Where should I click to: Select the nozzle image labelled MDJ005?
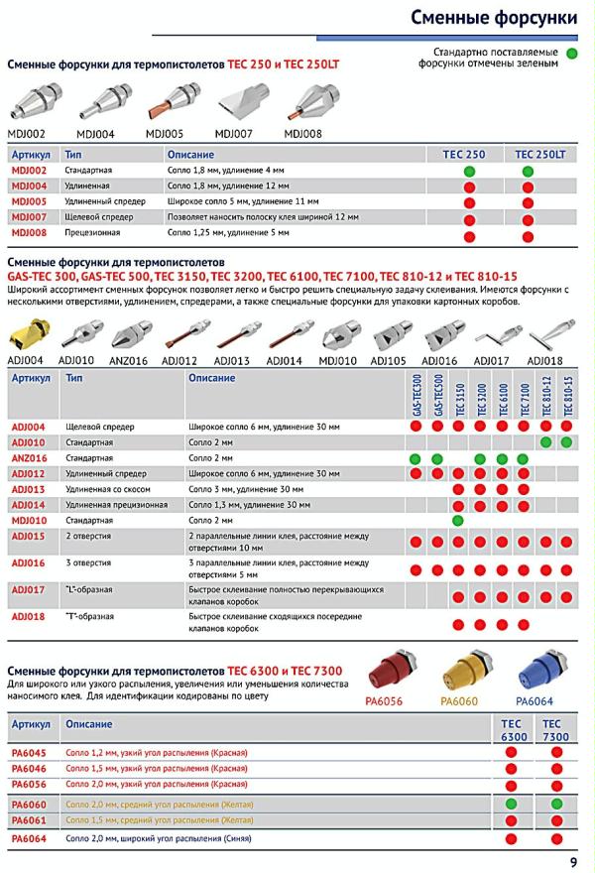167,103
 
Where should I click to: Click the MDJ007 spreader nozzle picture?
234,103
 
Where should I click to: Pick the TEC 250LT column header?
539,156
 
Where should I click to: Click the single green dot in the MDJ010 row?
458,520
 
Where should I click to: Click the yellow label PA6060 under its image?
460,702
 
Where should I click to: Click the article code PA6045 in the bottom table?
29,752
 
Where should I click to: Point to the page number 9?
574,861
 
